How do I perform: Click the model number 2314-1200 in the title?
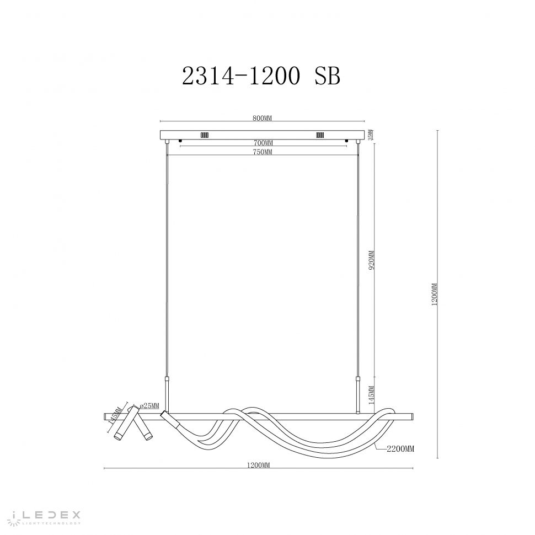241,77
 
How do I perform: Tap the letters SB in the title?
327,77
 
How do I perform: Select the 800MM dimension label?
263,118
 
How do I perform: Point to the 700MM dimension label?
263,143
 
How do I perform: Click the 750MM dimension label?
263,152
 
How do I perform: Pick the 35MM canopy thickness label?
371,134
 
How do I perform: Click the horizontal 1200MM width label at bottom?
259,467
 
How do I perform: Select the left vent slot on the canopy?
204,135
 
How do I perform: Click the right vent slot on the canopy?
319,135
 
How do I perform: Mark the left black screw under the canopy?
180,142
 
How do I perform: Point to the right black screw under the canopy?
346,142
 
